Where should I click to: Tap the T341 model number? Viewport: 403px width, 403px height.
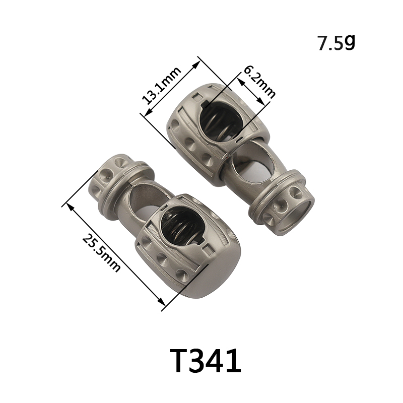pos(205,360)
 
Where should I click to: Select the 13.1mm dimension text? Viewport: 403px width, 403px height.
pos(162,85)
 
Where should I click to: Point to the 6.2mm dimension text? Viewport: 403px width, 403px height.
pos(259,82)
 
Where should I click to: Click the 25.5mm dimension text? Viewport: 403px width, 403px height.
pos(101,253)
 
